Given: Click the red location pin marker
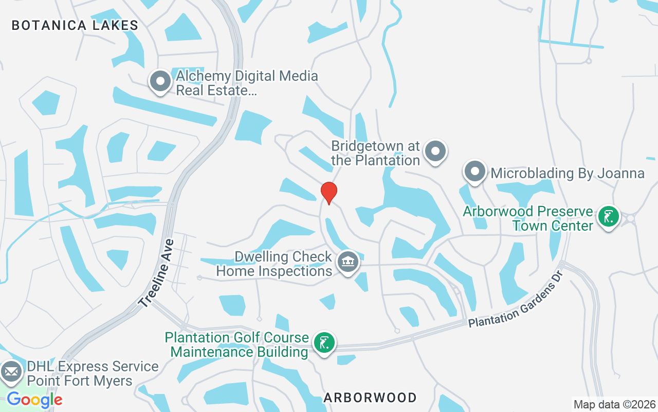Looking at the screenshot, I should click(329, 193).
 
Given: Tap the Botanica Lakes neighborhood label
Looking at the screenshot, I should click(75, 25).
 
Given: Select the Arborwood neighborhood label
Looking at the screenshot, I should click(370, 398).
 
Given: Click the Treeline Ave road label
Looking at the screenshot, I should click(157, 273).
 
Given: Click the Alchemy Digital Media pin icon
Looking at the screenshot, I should click(160, 81).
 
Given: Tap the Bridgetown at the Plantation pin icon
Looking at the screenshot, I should click(436, 151).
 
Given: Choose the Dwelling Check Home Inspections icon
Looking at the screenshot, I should click(348, 262).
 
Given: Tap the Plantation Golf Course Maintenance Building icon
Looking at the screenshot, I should click(324, 342).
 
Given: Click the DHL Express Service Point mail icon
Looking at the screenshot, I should click(11, 371).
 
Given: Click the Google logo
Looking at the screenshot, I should click(34, 400).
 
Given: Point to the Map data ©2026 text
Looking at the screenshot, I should click(615, 404).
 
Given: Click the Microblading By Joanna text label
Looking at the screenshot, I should click(568, 173).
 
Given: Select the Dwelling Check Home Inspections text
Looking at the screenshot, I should click(274, 264).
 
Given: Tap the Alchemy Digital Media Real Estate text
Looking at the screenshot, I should click(247, 83).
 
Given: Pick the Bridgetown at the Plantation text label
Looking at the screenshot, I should click(376, 153).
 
